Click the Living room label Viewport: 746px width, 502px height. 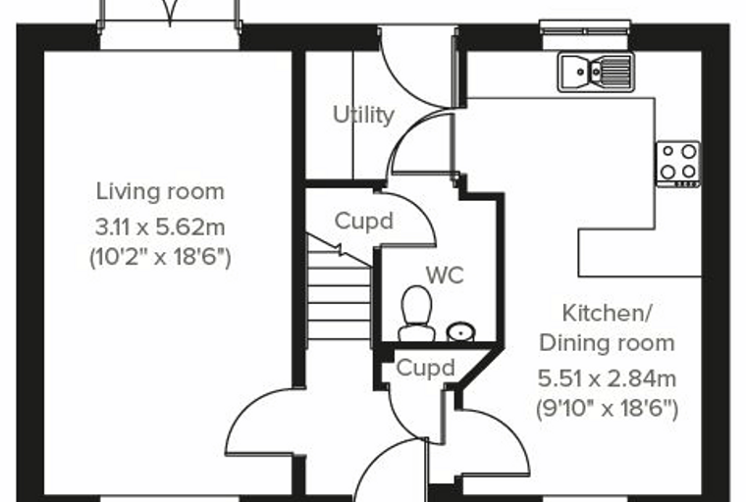pos(160,191)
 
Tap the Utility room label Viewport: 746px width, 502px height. pos(364,115)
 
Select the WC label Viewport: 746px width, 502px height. pos(445,276)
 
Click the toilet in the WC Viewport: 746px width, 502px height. pos(417,314)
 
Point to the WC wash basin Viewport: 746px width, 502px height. pos(461,331)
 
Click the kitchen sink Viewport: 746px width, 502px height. pos(596,72)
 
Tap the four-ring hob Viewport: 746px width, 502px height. pos(678,164)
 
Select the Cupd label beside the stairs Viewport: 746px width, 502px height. pos(364,221)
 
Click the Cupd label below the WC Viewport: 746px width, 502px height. pos(426,368)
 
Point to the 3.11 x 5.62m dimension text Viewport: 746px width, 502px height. pos(160,227)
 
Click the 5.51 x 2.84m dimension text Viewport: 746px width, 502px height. pos(607,378)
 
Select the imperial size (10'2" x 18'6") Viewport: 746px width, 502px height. pos(160,258)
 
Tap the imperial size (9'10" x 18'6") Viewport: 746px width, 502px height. pos(607,409)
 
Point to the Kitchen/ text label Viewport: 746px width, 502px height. pos(607,314)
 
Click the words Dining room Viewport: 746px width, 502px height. pos(607,343)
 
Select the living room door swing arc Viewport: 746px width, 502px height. pos(241,408)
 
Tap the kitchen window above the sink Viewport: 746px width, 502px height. pos(586,27)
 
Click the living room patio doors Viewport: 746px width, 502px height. pos(170,19)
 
